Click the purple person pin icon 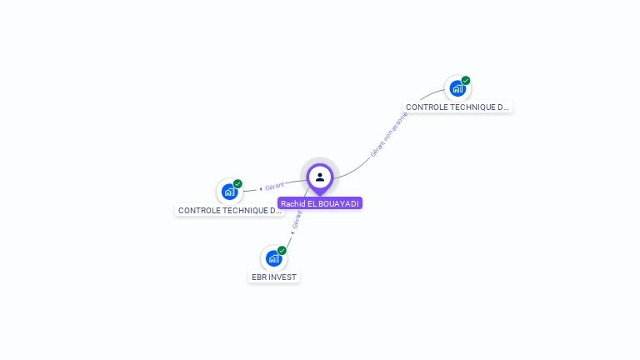pos(320,177)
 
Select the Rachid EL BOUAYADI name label pos(320,203)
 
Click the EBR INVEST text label pos(274,277)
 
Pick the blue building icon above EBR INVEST pos(273,258)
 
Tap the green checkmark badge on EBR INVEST pos(282,250)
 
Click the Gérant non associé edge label pos(389,135)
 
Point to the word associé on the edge pos(400,121)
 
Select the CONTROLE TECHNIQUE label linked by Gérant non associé pos(457,107)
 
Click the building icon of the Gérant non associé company pos(457,88)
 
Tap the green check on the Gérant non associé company pos(466,81)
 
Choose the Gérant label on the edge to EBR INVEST pos(297,219)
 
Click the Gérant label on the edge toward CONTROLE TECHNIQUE pos(275,186)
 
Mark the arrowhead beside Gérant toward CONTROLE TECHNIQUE pos(261,188)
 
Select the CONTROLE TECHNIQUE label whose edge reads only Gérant pos(230,210)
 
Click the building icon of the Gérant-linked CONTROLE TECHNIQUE pos(229,192)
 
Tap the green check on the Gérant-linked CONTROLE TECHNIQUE pos(237,183)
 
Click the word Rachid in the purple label pos(293,203)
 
